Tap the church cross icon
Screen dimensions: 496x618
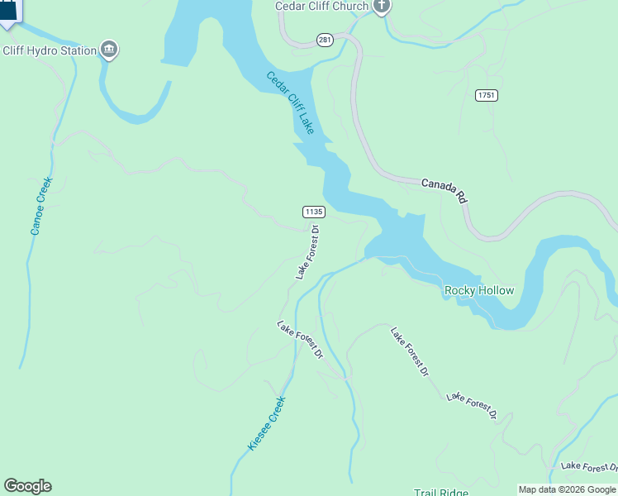(x=381, y=7)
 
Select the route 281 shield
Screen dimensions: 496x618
(x=325, y=40)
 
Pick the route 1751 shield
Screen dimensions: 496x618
(x=487, y=96)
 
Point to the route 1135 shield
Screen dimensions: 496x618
(x=313, y=212)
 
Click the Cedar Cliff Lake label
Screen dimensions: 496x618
(x=290, y=103)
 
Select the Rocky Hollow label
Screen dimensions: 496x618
(x=479, y=290)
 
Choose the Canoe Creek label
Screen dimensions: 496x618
(x=41, y=206)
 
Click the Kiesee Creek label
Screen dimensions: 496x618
(x=267, y=423)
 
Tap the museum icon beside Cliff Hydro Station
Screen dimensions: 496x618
(x=109, y=50)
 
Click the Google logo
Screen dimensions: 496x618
(x=27, y=486)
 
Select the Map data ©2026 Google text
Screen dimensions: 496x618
(x=568, y=489)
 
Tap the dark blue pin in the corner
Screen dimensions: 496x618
(x=8, y=11)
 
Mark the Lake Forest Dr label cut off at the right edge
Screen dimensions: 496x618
(x=588, y=467)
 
